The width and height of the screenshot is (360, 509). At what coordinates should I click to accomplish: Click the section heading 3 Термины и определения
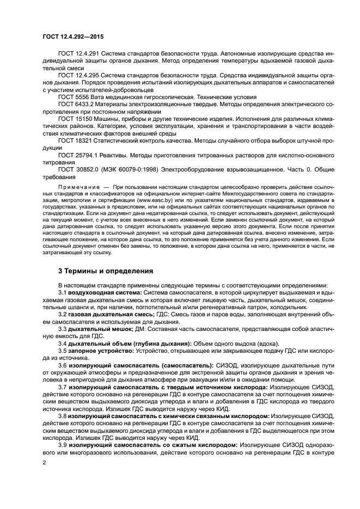pos(105,271)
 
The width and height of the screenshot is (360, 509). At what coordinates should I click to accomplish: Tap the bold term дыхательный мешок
pos(98,330)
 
